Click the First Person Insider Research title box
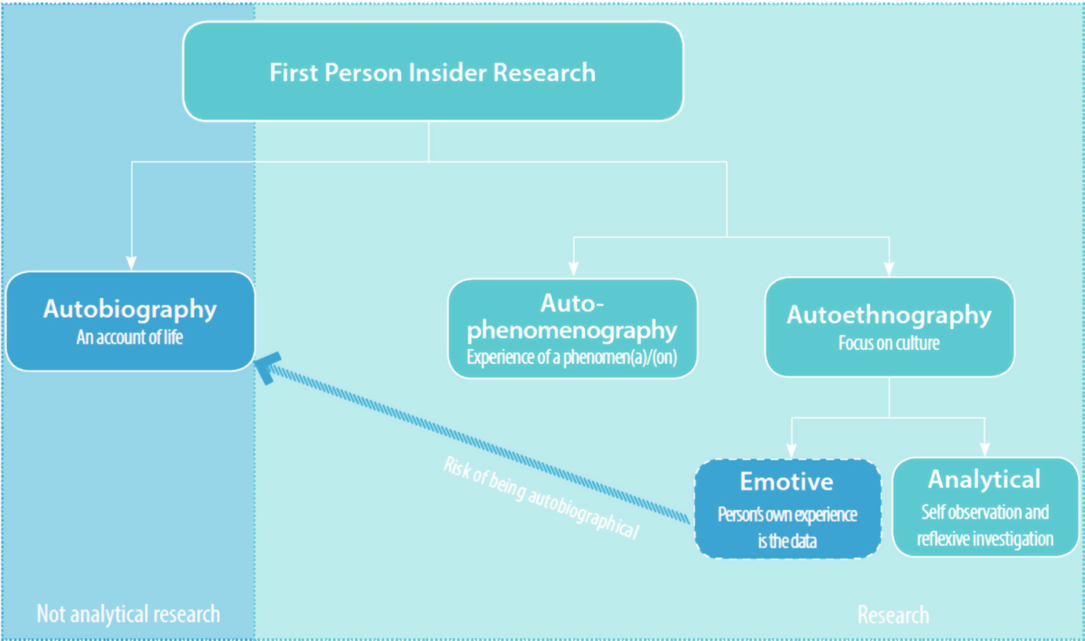tap(433, 72)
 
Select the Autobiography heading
tap(130, 308)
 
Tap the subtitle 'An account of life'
tap(130, 338)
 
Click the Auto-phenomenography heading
tap(572, 316)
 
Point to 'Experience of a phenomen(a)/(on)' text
tap(572, 357)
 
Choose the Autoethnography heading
tap(889, 315)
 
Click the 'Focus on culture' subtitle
tap(889, 344)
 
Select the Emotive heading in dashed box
tap(787, 481)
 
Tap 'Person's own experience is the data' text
tap(787, 527)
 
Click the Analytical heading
tap(985, 479)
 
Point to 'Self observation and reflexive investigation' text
tap(985, 526)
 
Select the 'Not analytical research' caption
tap(128, 614)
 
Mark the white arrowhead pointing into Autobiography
tap(132, 264)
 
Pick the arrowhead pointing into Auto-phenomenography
tap(574, 269)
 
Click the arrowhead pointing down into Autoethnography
tap(889, 268)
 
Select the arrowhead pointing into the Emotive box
tap(791, 450)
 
